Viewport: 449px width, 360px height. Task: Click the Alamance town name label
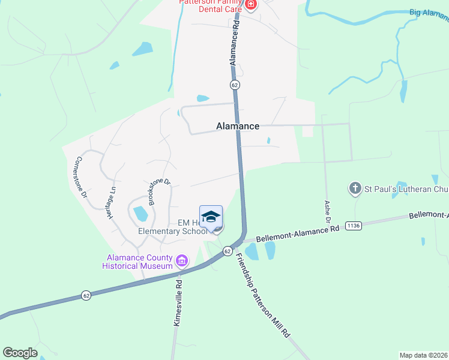coord(238,126)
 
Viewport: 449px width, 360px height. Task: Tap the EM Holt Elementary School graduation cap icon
coord(211,217)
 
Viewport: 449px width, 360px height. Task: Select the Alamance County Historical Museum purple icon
coord(182,261)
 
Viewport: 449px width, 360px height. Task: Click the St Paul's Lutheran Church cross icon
coord(355,189)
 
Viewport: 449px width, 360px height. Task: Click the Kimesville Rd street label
coord(178,305)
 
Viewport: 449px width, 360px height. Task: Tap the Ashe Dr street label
coord(328,212)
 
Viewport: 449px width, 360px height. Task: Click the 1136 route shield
coord(354,226)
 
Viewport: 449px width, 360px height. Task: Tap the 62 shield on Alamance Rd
coord(235,85)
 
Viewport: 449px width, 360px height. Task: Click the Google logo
coord(20,353)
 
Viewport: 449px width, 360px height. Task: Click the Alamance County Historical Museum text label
coord(137,262)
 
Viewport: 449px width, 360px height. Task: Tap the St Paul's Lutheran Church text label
coord(406,190)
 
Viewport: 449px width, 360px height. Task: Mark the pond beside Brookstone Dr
coord(141,213)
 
